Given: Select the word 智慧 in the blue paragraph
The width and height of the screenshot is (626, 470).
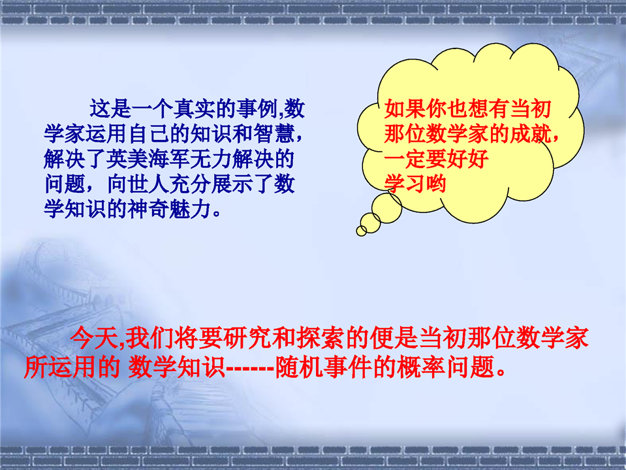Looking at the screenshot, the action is (274, 134).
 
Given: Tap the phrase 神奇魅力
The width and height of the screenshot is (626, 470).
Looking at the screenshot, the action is (169, 209).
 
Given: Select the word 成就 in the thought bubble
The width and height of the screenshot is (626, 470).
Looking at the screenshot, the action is (530, 134).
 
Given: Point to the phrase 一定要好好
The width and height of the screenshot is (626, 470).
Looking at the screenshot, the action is (436, 159).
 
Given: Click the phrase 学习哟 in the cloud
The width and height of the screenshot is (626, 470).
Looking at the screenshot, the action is (415, 184).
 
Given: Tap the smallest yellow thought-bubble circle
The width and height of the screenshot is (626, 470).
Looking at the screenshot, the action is (362, 231).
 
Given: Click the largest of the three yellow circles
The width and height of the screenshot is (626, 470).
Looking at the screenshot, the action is (386, 208).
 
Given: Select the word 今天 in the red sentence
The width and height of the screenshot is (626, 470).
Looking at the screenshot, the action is (94, 338).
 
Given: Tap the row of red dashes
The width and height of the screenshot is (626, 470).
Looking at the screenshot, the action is (250, 367).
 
